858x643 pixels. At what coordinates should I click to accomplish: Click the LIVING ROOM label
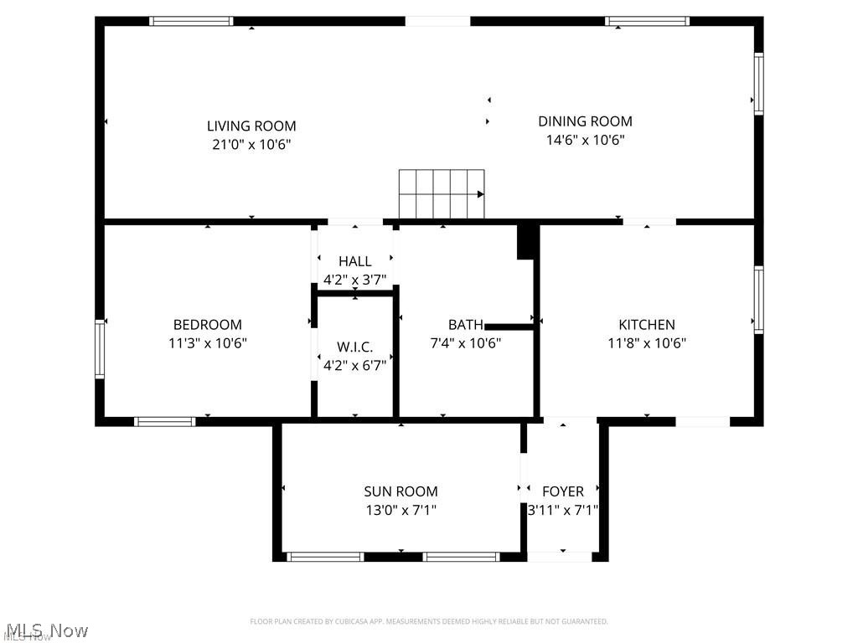click(x=251, y=126)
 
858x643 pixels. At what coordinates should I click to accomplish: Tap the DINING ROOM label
click(x=585, y=121)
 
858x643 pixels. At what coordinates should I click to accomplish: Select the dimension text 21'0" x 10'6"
click(x=251, y=145)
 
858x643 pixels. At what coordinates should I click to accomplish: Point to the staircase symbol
click(x=442, y=193)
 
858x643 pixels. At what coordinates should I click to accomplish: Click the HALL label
click(x=354, y=262)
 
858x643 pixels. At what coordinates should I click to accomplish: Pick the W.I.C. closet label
click(x=354, y=347)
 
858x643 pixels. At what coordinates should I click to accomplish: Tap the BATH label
click(x=465, y=325)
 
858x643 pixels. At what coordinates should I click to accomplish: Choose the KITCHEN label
click(x=646, y=325)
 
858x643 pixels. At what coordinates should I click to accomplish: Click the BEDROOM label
click(x=207, y=325)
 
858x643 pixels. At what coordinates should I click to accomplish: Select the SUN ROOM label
click(x=401, y=491)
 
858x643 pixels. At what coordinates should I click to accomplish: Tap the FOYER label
click(x=562, y=491)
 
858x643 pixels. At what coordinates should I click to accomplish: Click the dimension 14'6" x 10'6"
click(x=585, y=140)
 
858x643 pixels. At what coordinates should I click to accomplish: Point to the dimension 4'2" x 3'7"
click(x=354, y=280)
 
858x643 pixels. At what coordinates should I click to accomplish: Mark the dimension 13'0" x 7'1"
click(x=401, y=510)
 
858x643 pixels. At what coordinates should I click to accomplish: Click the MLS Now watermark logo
click(x=45, y=630)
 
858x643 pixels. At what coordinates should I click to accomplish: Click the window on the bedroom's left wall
click(x=100, y=349)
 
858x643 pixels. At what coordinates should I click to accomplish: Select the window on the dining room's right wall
click(x=758, y=83)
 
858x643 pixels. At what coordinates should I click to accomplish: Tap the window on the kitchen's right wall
click(x=758, y=300)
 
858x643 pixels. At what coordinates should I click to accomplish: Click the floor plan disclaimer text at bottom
click(x=428, y=621)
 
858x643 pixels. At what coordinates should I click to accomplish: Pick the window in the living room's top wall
click(x=191, y=21)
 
